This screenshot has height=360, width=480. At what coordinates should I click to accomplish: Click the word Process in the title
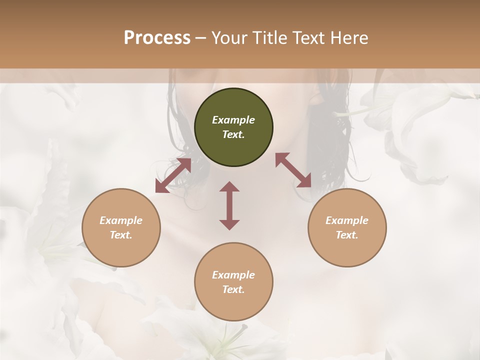[x=157, y=38]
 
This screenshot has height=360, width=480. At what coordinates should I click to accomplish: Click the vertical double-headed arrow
[x=229, y=205]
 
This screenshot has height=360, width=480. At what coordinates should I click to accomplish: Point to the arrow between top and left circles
[x=173, y=175]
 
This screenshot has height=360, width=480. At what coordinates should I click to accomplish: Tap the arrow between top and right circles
[x=293, y=170]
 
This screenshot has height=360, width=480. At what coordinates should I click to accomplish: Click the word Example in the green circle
[x=233, y=120]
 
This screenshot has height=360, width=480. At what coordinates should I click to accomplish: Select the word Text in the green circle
[x=233, y=134]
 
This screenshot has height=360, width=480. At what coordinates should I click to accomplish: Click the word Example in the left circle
[x=121, y=220]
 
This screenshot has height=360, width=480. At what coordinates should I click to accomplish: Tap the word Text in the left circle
[x=121, y=235]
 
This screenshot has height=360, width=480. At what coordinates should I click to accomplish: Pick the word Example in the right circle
[x=347, y=220]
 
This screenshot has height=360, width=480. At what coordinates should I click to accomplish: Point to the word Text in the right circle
[x=347, y=235]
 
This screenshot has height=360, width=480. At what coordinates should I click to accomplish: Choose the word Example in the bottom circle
[x=233, y=275]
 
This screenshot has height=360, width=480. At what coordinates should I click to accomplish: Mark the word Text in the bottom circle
[x=233, y=289]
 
